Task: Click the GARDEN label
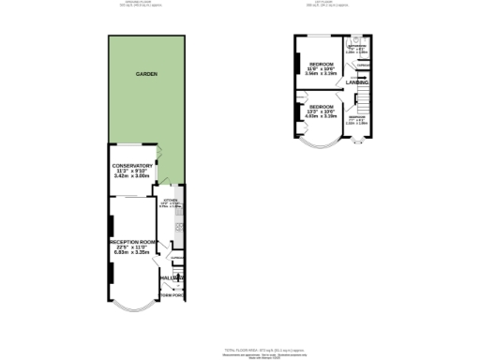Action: pyautogui.click(x=144, y=73)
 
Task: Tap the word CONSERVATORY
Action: pyautogui.click(x=132, y=166)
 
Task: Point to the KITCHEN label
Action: pyautogui.click(x=170, y=201)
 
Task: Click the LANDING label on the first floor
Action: pyautogui.click(x=356, y=83)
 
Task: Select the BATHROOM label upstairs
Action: pyautogui.click(x=356, y=45)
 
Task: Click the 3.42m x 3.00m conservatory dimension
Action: pyautogui.click(x=132, y=176)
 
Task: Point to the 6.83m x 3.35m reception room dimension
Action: pyautogui.click(x=132, y=252)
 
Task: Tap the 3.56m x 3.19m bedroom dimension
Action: pyautogui.click(x=322, y=71)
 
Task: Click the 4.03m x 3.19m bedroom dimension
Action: pyautogui.click(x=322, y=117)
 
